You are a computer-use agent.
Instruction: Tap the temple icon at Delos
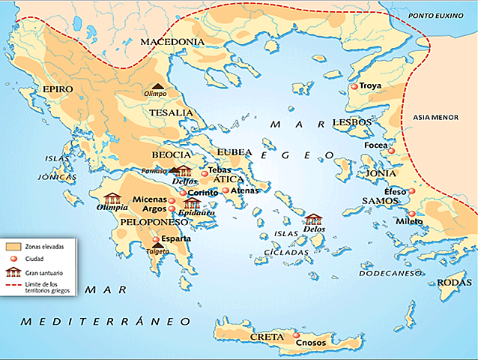tap(312, 220)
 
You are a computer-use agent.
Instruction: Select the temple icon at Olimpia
tap(113, 198)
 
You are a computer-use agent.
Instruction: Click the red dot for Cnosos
tap(297, 335)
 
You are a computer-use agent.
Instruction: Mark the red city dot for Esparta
tap(156, 240)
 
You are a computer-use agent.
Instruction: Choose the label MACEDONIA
tap(172, 41)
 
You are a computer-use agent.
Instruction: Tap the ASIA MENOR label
tap(440, 118)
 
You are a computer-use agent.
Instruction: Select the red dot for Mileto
tap(411, 214)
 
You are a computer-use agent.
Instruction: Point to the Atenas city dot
tap(226, 190)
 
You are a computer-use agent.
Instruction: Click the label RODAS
tap(456, 282)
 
